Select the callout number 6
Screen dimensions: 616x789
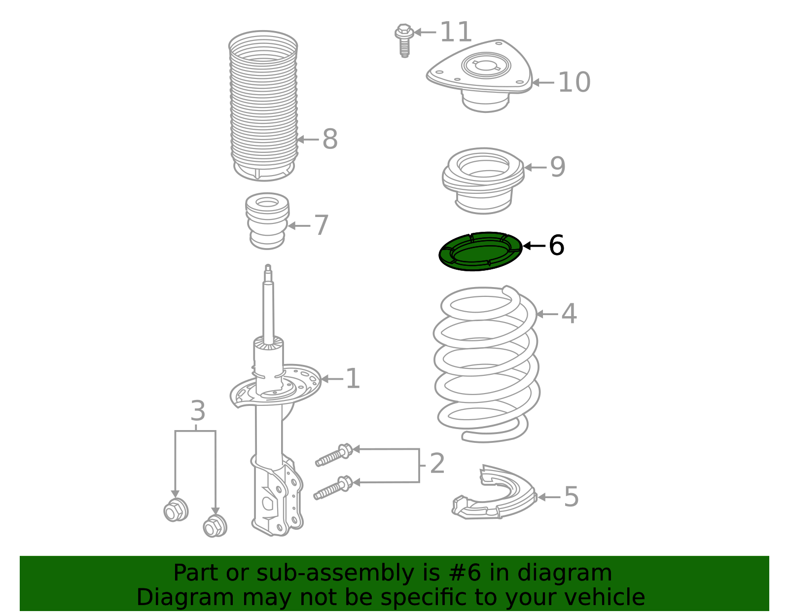tap(556, 245)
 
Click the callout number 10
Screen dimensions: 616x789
tap(574, 82)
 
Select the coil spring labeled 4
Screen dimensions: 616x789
tap(486, 365)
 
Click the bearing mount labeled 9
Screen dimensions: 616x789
tap(483, 180)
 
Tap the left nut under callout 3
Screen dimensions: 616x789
tap(176, 510)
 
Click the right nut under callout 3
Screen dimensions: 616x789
tap(215, 526)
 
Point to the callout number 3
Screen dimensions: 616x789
tap(198, 411)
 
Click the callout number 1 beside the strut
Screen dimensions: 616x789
tap(353, 379)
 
